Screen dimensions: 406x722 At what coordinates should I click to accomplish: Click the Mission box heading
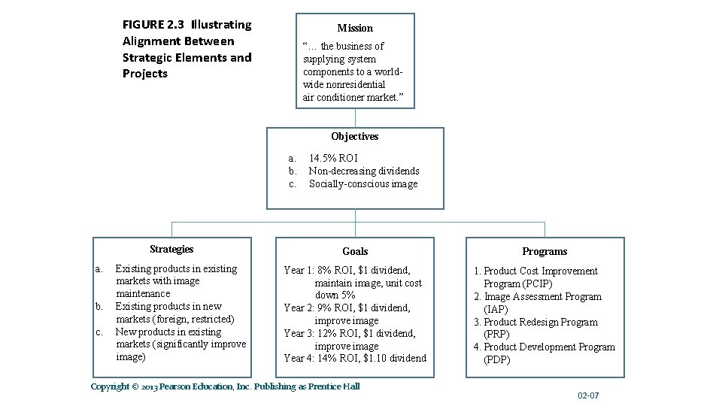click(355, 28)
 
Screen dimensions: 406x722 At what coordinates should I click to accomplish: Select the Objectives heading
click(355, 136)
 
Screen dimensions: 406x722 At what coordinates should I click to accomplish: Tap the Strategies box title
click(171, 249)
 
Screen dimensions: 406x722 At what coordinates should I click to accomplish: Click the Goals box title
click(355, 251)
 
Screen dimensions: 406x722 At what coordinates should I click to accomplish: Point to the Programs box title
click(545, 251)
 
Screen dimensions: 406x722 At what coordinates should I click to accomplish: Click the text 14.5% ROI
click(333, 158)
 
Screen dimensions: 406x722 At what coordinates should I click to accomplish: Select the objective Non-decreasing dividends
click(364, 171)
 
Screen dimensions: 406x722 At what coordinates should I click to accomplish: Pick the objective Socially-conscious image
click(363, 183)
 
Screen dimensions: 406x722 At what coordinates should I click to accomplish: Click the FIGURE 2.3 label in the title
click(154, 25)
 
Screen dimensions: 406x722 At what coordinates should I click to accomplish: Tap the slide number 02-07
click(588, 395)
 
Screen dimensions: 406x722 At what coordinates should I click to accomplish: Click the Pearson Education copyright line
click(225, 386)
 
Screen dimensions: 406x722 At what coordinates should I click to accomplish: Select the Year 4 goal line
click(355, 358)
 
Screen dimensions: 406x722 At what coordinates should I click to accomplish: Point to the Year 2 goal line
click(347, 308)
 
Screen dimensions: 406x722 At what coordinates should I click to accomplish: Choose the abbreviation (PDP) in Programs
click(497, 359)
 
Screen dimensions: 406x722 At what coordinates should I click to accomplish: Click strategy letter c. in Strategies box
click(99, 332)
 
